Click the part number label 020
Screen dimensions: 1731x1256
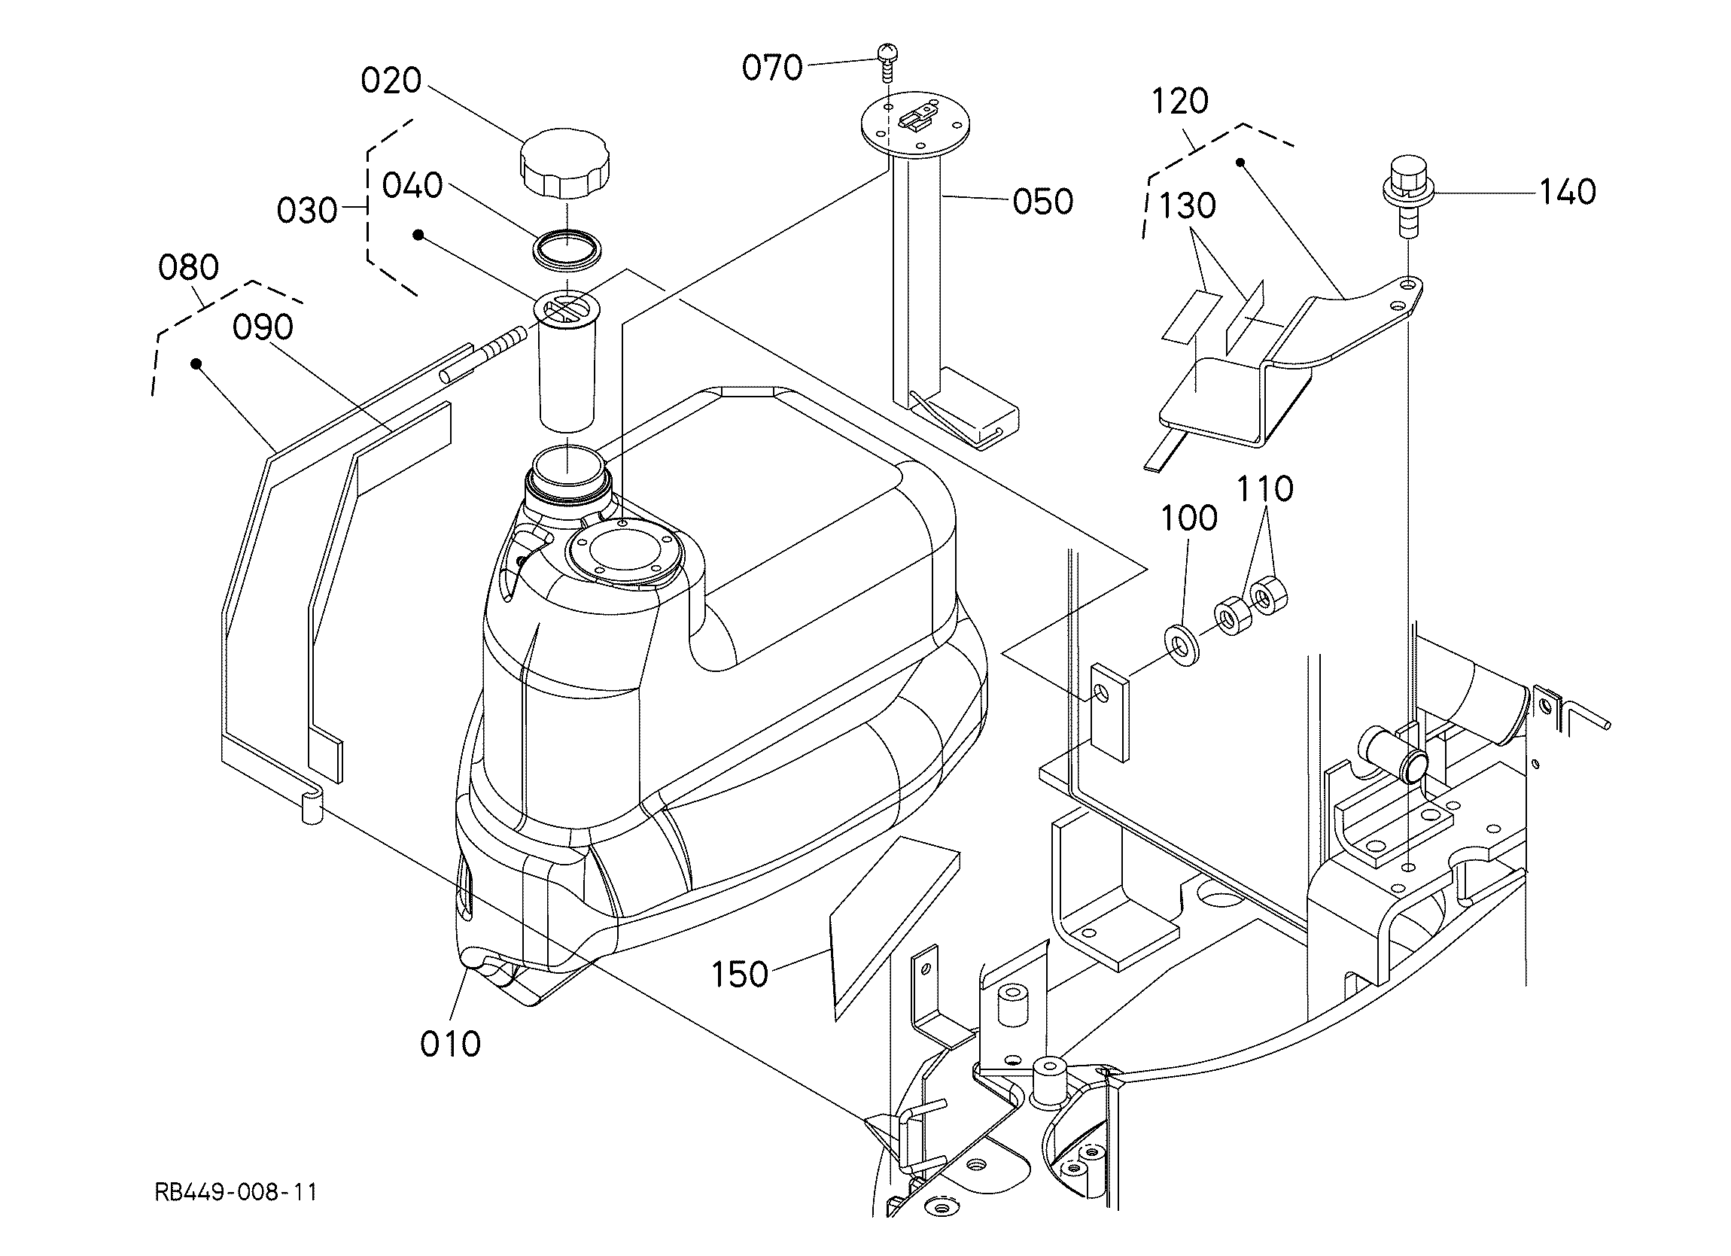pos(391,81)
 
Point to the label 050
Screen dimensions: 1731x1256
pos(1043,202)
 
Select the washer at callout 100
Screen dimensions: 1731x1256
pos(1181,641)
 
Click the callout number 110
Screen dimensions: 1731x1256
pos(1264,488)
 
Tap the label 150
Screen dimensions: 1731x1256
pos(740,975)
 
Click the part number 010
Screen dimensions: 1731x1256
pos(450,1044)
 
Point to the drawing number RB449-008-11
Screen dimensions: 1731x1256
pos(236,1192)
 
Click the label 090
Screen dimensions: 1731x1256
pos(263,327)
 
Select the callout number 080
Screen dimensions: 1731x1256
pos(188,268)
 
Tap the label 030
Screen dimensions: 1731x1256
pos(307,211)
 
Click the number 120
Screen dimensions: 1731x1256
pos(1180,102)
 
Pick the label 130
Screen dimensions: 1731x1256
pos(1188,206)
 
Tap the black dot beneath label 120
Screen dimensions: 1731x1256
pos(1240,163)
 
